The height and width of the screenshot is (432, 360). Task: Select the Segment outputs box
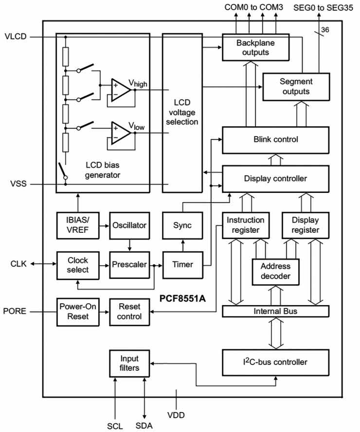coord(296,86)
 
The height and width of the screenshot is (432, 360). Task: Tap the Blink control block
coord(275,140)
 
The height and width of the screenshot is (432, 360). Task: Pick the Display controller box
coord(275,179)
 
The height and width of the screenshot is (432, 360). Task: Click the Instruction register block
coord(246,225)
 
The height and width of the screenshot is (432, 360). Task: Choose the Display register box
coord(306,225)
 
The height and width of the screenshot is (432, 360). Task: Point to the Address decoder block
coord(275,272)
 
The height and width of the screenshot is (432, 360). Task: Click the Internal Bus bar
coord(275,311)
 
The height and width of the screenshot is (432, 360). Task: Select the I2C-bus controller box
coord(275,362)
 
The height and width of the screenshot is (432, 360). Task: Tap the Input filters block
coord(130,363)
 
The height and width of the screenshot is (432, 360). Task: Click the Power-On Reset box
coord(74,311)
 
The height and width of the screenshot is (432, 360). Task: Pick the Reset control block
coord(130,311)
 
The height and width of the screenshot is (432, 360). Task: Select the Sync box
coord(182,225)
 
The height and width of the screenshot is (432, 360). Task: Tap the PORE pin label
coord(15,311)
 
